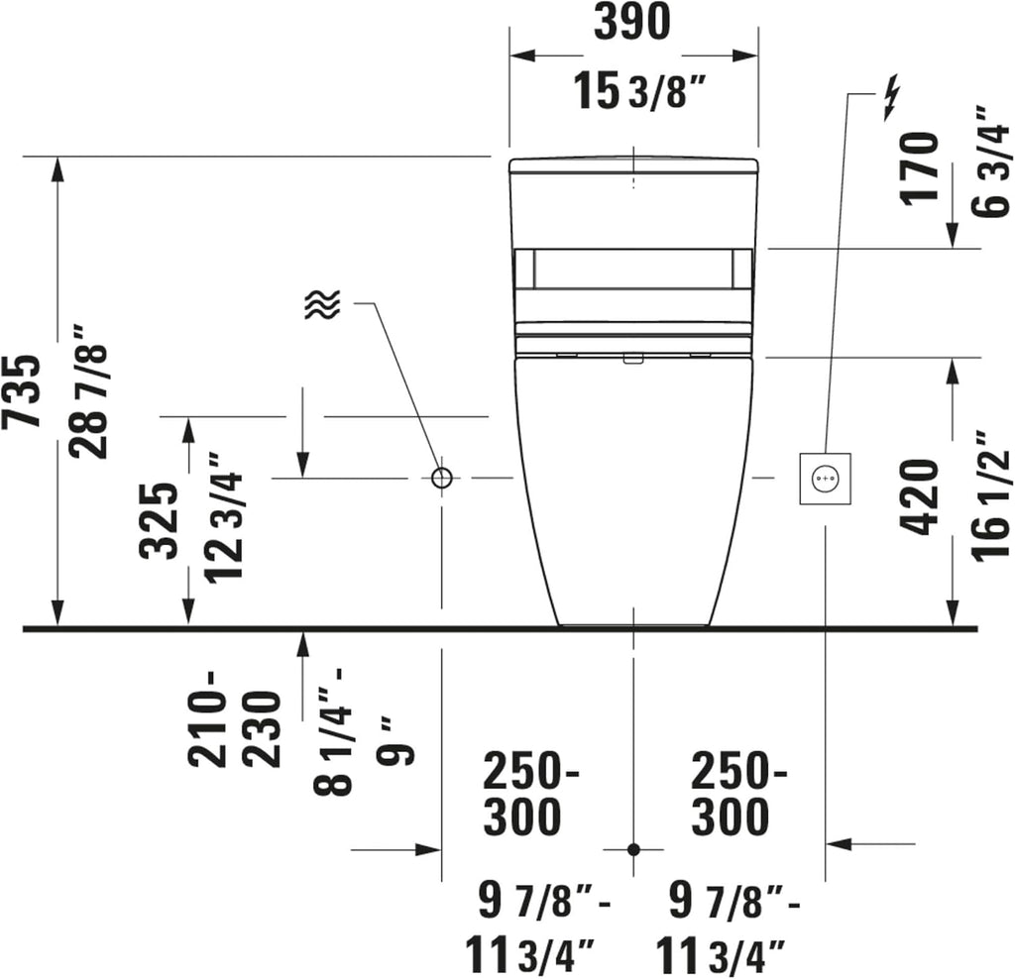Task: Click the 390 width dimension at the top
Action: [631, 22]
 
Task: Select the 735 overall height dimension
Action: [22, 390]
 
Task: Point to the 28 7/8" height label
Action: [88, 391]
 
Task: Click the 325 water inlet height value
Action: [159, 521]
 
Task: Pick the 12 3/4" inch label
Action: [224, 517]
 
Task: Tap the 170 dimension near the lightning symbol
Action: [919, 168]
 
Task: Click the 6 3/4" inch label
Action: [990, 162]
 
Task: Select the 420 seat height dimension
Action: [919, 497]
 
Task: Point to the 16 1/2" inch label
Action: [990, 495]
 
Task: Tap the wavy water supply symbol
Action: [322, 304]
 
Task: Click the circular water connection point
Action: [441, 478]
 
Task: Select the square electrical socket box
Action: [826, 479]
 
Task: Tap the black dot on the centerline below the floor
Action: [633, 849]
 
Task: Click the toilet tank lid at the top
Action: [633, 165]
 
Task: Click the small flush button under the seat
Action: [632, 359]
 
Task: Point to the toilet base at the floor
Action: [633, 624]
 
